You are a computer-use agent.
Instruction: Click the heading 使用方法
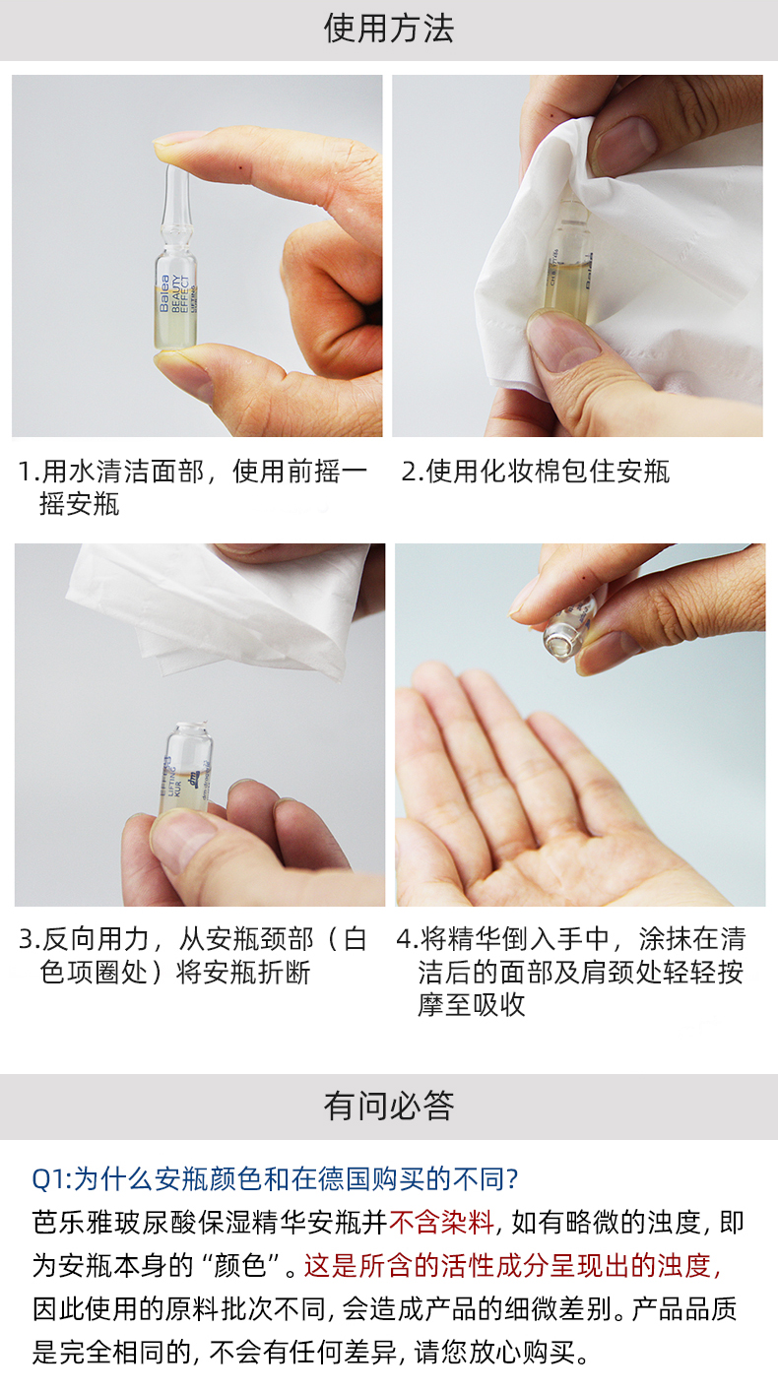389,30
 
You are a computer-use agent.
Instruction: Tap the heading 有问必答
389,1107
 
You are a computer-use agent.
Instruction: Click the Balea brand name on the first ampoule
164,293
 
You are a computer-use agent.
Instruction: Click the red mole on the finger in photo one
241,167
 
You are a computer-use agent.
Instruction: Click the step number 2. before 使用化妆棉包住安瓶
413,472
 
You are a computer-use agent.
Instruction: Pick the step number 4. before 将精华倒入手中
409,939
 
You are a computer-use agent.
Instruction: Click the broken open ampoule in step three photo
186,769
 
